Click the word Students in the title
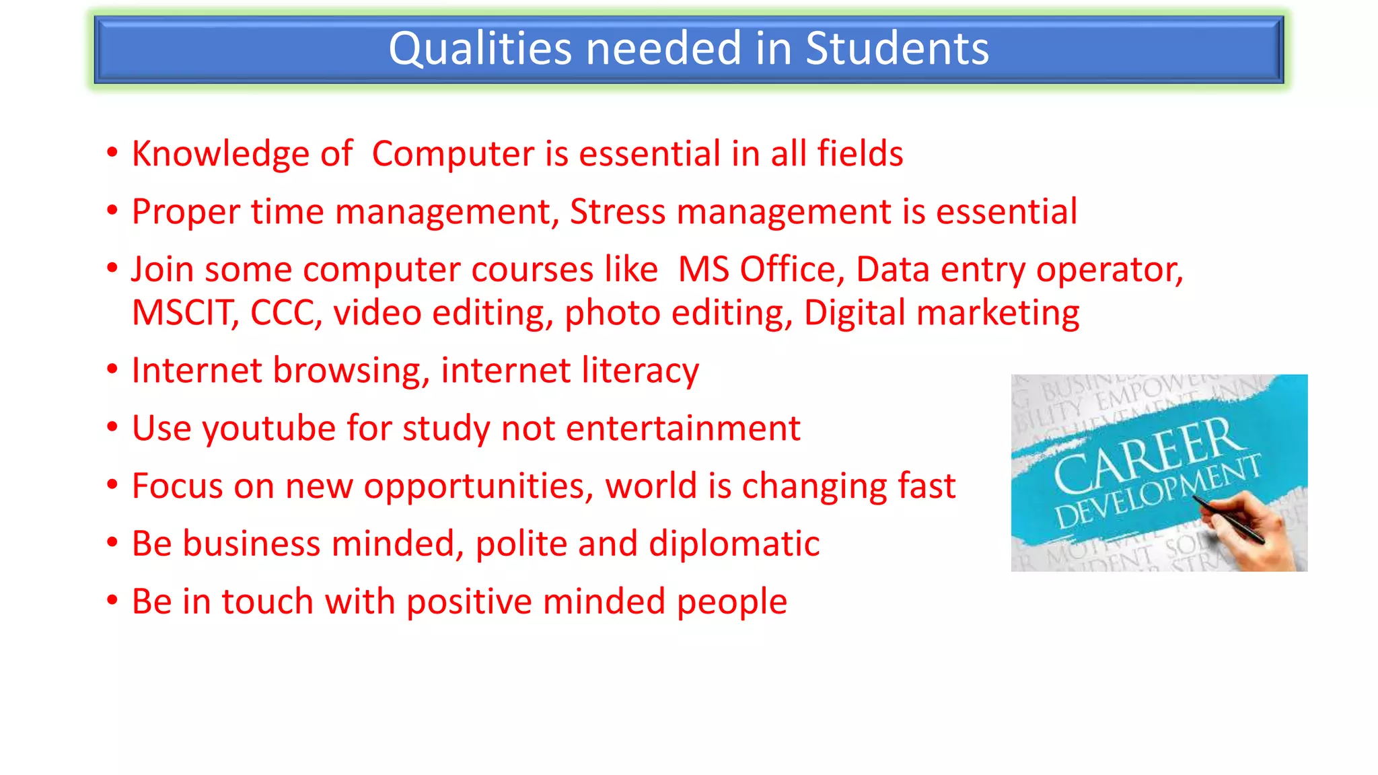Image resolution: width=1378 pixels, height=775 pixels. coord(897,48)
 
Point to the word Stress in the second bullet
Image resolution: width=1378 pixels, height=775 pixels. coord(618,211)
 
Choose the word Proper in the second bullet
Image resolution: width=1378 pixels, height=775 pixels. coord(186,212)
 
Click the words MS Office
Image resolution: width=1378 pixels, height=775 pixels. coord(756,269)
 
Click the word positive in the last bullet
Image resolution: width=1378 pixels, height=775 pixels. coord(469,601)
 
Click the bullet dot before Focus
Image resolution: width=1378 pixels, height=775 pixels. coord(112,484)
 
